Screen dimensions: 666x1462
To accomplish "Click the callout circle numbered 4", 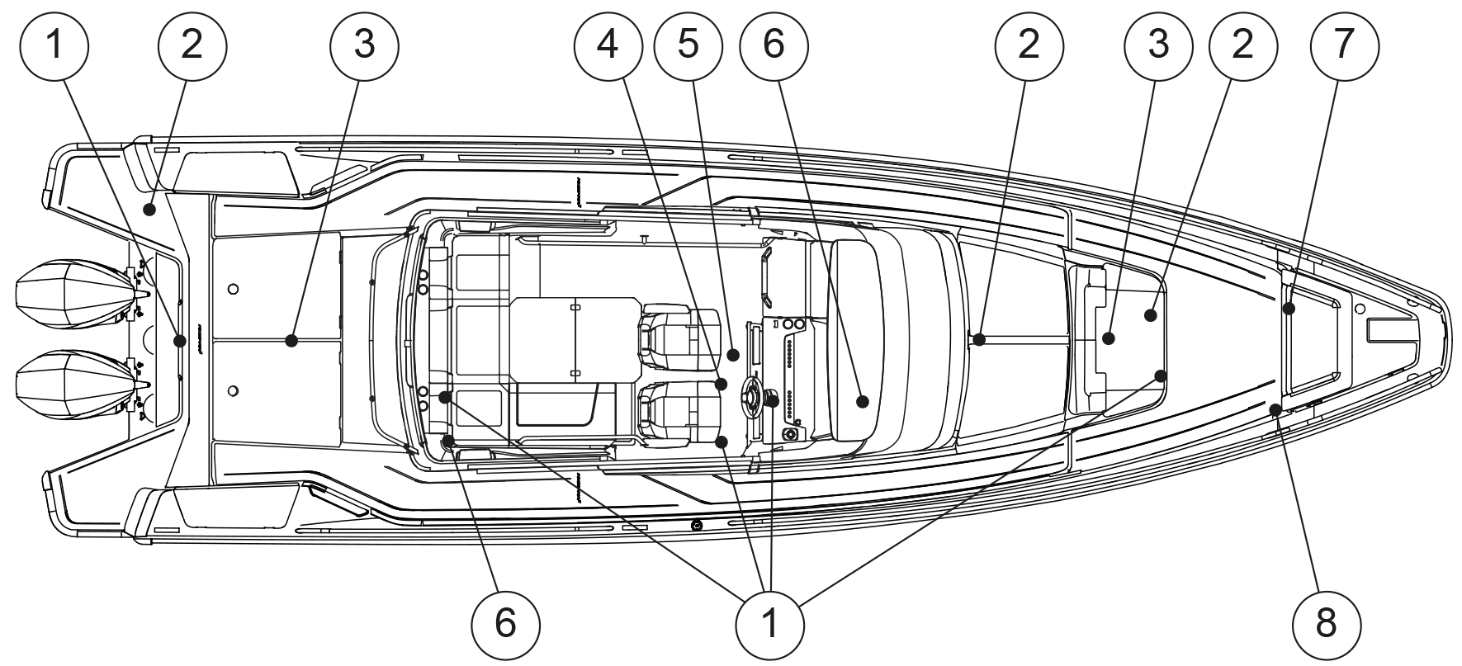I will (x=608, y=45).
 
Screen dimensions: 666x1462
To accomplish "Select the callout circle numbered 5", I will (x=688, y=45).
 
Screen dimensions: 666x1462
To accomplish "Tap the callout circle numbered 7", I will (x=1344, y=45).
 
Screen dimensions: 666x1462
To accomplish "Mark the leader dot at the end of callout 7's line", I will (x=1289, y=309).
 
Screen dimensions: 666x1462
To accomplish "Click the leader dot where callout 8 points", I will (x=1276, y=409).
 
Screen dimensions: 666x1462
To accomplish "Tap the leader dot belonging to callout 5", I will (x=732, y=354).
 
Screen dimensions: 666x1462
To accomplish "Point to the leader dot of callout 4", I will (x=721, y=384).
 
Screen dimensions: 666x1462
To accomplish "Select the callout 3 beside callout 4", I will (x=364, y=45).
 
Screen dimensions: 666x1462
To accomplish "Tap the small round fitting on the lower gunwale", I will (x=697, y=525).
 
